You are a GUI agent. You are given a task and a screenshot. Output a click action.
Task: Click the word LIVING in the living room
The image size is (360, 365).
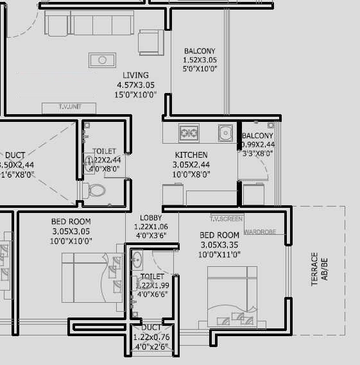coord(135,75)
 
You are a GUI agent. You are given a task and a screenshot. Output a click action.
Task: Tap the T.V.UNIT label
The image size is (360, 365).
coord(69,107)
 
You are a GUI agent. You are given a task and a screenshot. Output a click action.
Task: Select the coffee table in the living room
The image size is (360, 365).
coord(101,60)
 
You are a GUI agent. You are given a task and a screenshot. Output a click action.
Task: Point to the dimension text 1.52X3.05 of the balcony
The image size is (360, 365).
coord(200,60)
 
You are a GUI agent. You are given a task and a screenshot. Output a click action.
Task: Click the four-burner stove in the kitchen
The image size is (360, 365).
coord(188,133)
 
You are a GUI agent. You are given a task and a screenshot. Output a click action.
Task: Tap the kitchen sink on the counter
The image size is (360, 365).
coord(224,133)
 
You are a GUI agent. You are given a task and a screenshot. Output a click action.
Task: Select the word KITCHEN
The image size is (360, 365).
coord(191,155)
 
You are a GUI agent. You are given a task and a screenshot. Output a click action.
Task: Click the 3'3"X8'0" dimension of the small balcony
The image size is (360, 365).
coord(257,153)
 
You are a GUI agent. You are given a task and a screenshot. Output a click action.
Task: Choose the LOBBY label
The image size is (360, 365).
coord(151,218)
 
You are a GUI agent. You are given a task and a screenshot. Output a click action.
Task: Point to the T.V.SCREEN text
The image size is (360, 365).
coord(226,219)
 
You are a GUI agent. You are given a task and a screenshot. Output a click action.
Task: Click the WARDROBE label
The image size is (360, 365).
coord(260,231)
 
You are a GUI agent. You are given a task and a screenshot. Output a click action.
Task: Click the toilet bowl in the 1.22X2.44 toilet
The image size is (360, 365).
coord(95,190)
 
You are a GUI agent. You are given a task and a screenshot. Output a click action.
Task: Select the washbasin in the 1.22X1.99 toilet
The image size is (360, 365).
coord(136,260)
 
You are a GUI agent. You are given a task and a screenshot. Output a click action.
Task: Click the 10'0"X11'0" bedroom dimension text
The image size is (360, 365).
coord(219,255)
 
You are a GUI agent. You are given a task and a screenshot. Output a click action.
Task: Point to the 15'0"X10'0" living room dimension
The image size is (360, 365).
coord(135,94)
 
